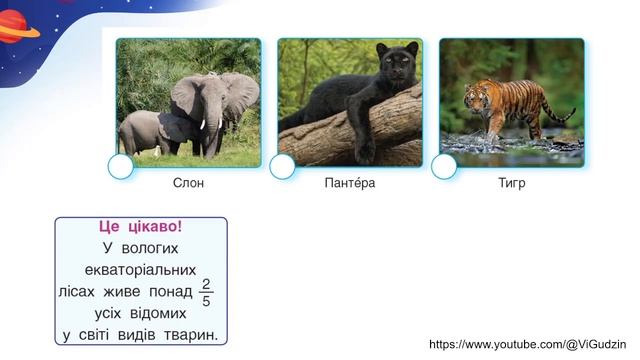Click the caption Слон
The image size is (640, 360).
(x=188, y=184)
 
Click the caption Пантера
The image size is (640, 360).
(x=350, y=184)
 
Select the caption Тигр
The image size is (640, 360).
(x=511, y=184)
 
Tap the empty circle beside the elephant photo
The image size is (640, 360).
(x=120, y=167)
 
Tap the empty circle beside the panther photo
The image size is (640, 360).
(x=282, y=167)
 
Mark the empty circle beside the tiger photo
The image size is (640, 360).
(x=444, y=167)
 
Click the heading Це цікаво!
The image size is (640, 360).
(x=141, y=227)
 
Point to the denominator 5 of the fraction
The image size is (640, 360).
(x=206, y=300)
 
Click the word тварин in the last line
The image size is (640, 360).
(x=192, y=335)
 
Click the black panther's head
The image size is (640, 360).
(x=394, y=66)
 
